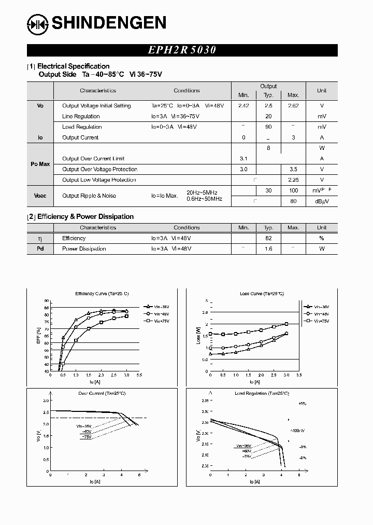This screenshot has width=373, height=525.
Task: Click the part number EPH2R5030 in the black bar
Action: (x=182, y=50)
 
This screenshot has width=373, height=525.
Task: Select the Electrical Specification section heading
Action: (x=73, y=66)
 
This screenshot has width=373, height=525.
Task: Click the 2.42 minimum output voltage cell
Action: (x=243, y=106)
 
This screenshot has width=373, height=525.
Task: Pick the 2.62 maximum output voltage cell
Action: (x=293, y=106)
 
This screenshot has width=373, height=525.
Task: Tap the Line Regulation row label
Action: (x=81, y=117)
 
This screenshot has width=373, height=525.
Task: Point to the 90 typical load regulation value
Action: (x=268, y=127)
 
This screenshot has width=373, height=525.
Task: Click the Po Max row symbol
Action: (x=40, y=164)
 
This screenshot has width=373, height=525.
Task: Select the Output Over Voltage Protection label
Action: (x=99, y=170)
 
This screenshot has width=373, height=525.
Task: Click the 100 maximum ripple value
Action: (x=293, y=191)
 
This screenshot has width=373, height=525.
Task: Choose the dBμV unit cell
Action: (x=321, y=201)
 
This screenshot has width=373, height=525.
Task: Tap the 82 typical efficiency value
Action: (x=268, y=239)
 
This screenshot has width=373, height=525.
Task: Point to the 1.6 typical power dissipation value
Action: (x=268, y=249)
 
